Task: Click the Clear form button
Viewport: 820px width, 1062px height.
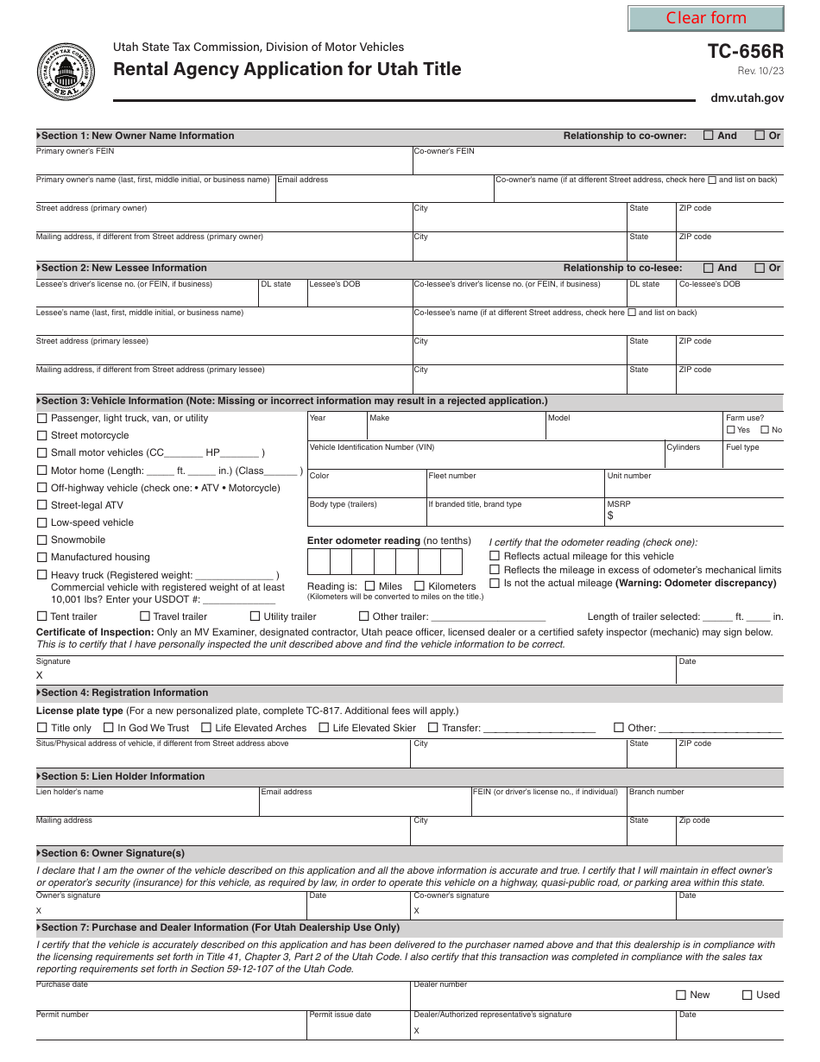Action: coord(705,18)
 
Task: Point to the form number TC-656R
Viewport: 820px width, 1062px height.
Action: coord(745,52)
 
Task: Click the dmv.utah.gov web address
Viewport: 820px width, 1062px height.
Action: coord(747,98)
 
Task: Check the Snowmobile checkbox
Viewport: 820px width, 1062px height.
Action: coord(42,540)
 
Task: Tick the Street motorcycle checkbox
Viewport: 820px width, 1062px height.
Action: coord(42,435)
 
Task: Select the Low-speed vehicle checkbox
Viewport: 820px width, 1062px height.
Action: coord(42,522)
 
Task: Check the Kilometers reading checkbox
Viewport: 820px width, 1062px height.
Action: coord(420,586)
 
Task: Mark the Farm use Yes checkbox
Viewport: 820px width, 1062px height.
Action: coord(731,430)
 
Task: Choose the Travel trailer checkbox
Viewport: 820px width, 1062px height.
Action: coord(145,616)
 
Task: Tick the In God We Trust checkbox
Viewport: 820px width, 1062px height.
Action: coord(109,728)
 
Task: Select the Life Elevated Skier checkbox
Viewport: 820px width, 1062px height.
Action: coord(324,728)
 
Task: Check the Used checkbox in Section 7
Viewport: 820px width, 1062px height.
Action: coord(747,995)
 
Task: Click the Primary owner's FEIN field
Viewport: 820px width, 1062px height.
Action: coord(223,164)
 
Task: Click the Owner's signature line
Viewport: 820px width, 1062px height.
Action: coord(173,909)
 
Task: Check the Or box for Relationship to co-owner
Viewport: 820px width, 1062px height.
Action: coord(760,135)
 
